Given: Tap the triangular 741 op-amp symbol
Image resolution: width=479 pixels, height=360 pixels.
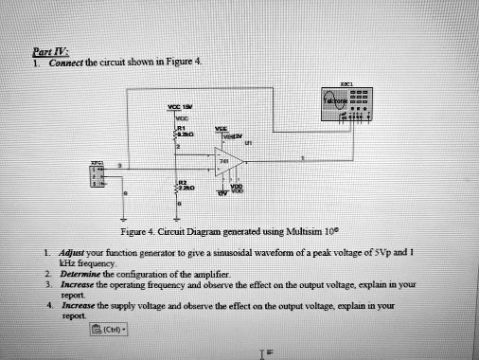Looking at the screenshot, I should (226, 162).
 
